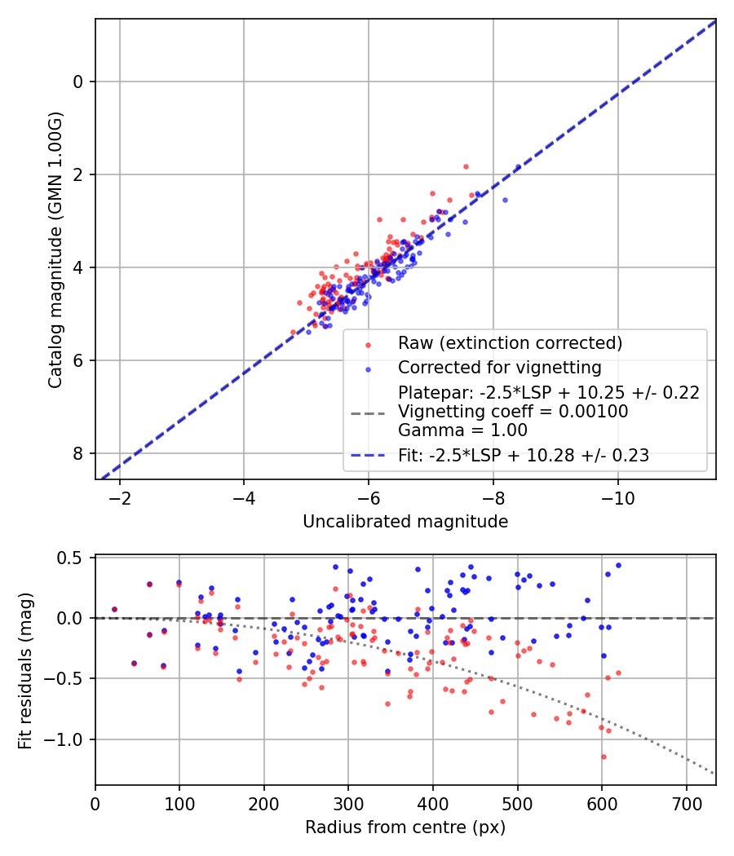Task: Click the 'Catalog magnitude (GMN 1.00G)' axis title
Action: [55, 250]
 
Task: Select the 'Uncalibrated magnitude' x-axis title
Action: [405, 522]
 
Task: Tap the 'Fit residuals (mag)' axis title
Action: [25, 670]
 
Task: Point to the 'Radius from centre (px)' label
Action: [405, 827]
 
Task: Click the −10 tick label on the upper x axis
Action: [617, 498]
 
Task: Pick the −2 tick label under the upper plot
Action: [119, 498]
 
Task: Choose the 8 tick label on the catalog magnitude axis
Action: [77, 453]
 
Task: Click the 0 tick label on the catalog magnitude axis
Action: [77, 82]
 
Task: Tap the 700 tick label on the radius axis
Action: [686, 804]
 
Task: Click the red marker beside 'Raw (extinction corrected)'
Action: [368, 345]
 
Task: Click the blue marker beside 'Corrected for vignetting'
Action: [368, 369]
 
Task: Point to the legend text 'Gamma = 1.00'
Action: [462, 430]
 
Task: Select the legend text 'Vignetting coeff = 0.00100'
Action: [513, 412]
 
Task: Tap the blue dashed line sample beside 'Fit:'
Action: [368, 455]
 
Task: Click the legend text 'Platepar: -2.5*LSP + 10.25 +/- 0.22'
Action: [548, 393]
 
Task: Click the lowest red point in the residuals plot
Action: [604, 757]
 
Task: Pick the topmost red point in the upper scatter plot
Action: [466, 166]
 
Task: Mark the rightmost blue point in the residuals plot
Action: [618, 566]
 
